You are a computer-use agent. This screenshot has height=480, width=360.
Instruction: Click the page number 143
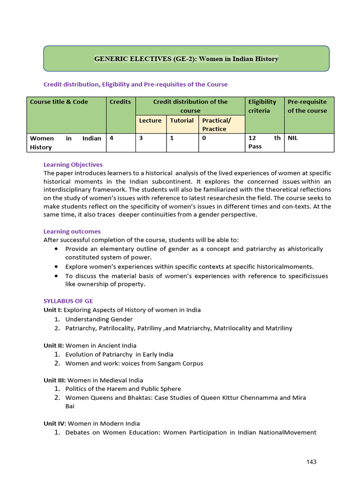click(x=312, y=462)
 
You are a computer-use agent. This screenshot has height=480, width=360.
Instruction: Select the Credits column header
click(x=120, y=102)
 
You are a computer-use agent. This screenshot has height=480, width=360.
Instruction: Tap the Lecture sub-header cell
click(x=150, y=120)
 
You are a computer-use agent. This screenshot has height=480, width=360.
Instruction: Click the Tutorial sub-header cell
click(x=182, y=120)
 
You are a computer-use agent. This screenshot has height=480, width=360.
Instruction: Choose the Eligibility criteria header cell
click(x=262, y=106)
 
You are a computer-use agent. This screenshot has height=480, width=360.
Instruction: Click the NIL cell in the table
click(x=293, y=138)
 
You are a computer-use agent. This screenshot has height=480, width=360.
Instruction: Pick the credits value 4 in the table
click(x=111, y=138)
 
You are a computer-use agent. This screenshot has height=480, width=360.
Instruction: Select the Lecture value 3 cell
click(x=140, y=138)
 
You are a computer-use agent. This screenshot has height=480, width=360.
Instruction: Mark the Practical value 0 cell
click(x=204, y=138)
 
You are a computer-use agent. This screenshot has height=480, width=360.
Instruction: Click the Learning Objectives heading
click(x=73, y=165)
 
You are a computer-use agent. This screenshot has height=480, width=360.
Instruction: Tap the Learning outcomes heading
click(x=72, y=232)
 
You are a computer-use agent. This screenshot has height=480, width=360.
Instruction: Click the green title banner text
click(x=186, y=59)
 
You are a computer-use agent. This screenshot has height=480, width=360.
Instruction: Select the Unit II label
click(x=53, y=345)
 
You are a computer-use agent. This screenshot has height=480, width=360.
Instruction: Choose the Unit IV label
click(x=54, y=423)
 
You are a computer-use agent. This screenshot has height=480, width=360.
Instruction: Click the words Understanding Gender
click(x=93, y=319)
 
